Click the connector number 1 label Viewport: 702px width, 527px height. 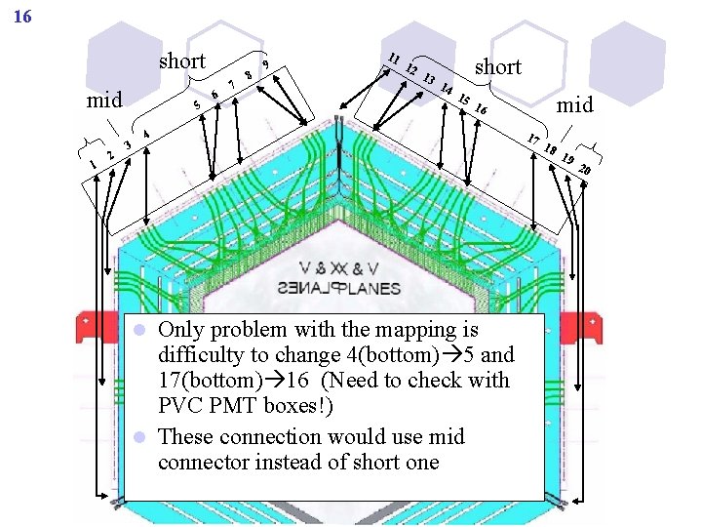pos(94,164)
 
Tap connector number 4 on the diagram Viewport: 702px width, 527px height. pos(146,133)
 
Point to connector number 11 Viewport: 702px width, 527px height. pos(394,59)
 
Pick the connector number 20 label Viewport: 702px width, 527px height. pos(585,171)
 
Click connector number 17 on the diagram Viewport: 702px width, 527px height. pos(533,140)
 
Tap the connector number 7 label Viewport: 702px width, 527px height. pos(232,84)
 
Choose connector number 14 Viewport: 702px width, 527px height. pos(447,90)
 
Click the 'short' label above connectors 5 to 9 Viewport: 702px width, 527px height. pos(181,61)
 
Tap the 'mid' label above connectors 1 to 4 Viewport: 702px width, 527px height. pos(105,100)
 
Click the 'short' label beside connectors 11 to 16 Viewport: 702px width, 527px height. pos(497,66)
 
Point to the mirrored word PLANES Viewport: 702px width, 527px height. pos(353,288)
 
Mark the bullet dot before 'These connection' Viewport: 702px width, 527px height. pos(140,436)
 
